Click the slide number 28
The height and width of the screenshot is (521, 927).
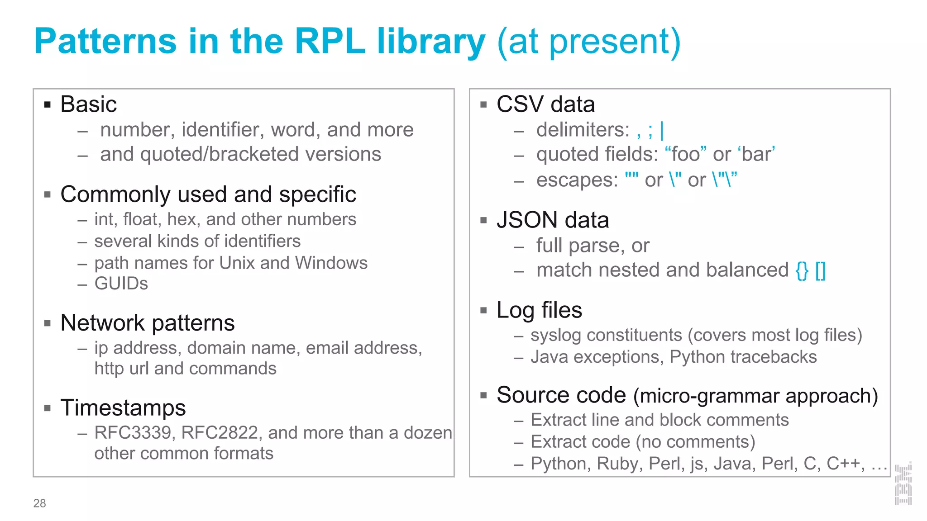coord(39,503)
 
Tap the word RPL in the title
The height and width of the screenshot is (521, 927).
coord(330,42)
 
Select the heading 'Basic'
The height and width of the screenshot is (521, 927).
coord(89,104)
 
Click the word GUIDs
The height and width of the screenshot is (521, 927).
coord(121,284)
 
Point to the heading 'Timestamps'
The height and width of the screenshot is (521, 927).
coord(123,408)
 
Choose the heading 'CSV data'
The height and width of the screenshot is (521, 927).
coord(545,104)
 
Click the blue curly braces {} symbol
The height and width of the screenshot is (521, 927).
coord(802,270)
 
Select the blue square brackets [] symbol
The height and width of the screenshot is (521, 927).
coord(821,270)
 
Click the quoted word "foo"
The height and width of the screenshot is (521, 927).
coord(686,154)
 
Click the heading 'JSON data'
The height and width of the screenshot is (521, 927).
coord(553,220)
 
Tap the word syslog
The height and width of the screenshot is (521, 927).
coord(555,336)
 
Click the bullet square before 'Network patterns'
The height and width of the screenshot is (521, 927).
coord(48,323)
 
